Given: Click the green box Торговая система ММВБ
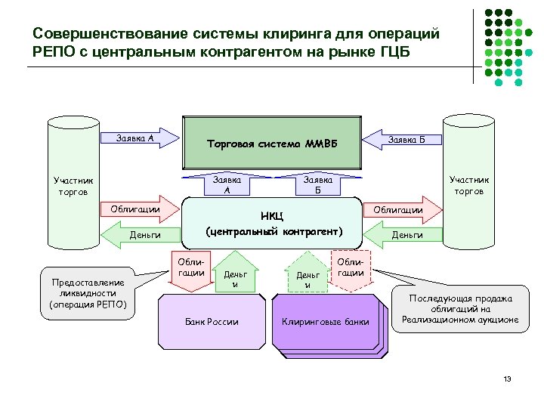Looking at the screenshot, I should [x=272, y=143].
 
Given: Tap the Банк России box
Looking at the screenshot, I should [x=212, y=322].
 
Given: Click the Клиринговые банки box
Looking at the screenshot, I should [x=326, y=322].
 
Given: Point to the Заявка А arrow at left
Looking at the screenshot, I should [x=140, y=139].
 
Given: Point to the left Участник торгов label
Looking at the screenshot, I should [x=73, y=185].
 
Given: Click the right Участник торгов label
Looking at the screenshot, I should [x=468, y=185].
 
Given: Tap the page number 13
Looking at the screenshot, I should [x=507, y=378].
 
